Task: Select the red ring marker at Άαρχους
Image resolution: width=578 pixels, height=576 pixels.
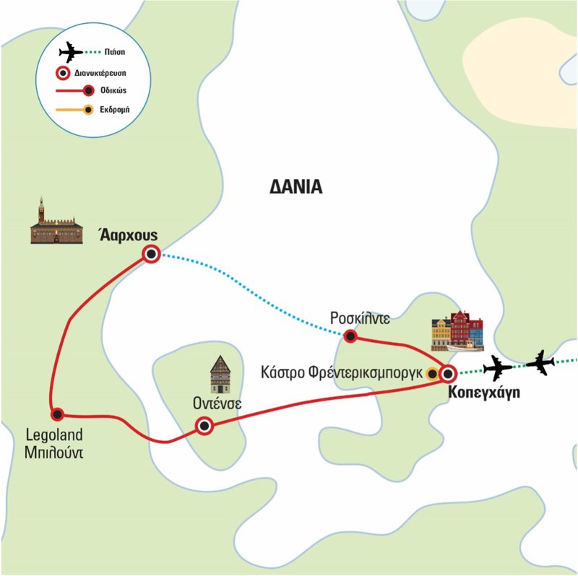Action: point(151,253)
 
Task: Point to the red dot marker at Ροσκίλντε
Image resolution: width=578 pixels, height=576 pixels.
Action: point(350,336)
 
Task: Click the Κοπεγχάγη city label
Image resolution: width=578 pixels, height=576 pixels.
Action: point(483,393)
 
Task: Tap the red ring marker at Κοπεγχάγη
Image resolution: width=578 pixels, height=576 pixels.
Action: point(448,374)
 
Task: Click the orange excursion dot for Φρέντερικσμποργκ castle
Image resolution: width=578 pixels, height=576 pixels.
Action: point(431,374)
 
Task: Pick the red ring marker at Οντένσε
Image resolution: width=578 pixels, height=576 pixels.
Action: point(204,426)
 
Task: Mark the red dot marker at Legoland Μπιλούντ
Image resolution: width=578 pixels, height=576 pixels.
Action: point(57,414)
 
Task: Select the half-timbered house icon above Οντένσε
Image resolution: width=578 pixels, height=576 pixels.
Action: point(220,374)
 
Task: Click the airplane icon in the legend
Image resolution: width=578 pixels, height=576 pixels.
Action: point(71,53)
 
